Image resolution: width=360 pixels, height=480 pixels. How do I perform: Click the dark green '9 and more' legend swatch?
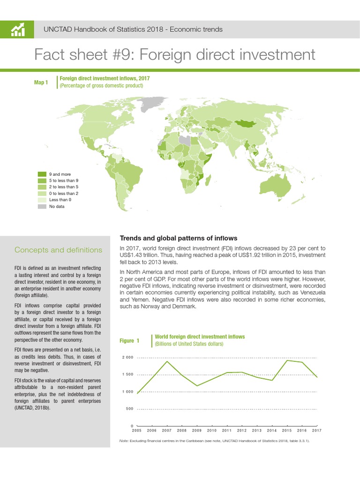pyautogui.click(x=42, y=174)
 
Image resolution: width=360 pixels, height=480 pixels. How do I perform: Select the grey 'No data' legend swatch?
pyautogui.click(x=42, y=206)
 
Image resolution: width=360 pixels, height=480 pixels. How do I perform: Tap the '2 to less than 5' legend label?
pyautogui.click(x=64, y=187)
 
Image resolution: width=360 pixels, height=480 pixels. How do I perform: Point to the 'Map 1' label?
pyautogui.click(x=41, y=82)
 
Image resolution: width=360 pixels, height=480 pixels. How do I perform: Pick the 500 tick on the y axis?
pyautogui.click(x=129, y=409)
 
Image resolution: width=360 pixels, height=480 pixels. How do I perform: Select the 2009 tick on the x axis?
pyautogui.click(x=197, y=430)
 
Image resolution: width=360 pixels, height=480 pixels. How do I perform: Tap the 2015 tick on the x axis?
pyautogui.click(x=287, y=430)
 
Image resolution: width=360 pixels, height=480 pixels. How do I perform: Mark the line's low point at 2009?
pyautogui.click(x=197, y=386)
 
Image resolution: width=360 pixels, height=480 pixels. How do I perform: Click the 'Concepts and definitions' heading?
pyautogui.click(x=59, y=250)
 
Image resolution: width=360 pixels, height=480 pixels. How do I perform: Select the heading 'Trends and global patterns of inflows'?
pyautogui.click(x=179, y=238)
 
